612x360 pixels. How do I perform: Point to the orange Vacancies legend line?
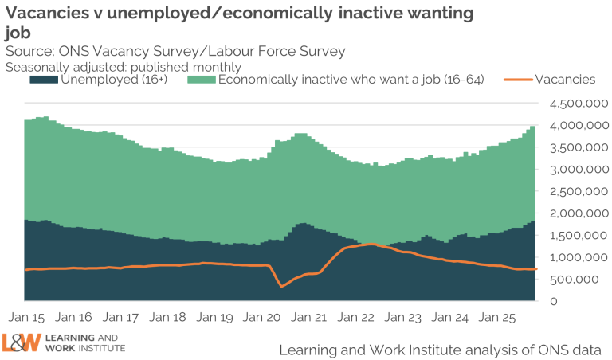click(x=518, y=80)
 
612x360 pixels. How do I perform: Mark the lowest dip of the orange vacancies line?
click(x=282, y=286)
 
